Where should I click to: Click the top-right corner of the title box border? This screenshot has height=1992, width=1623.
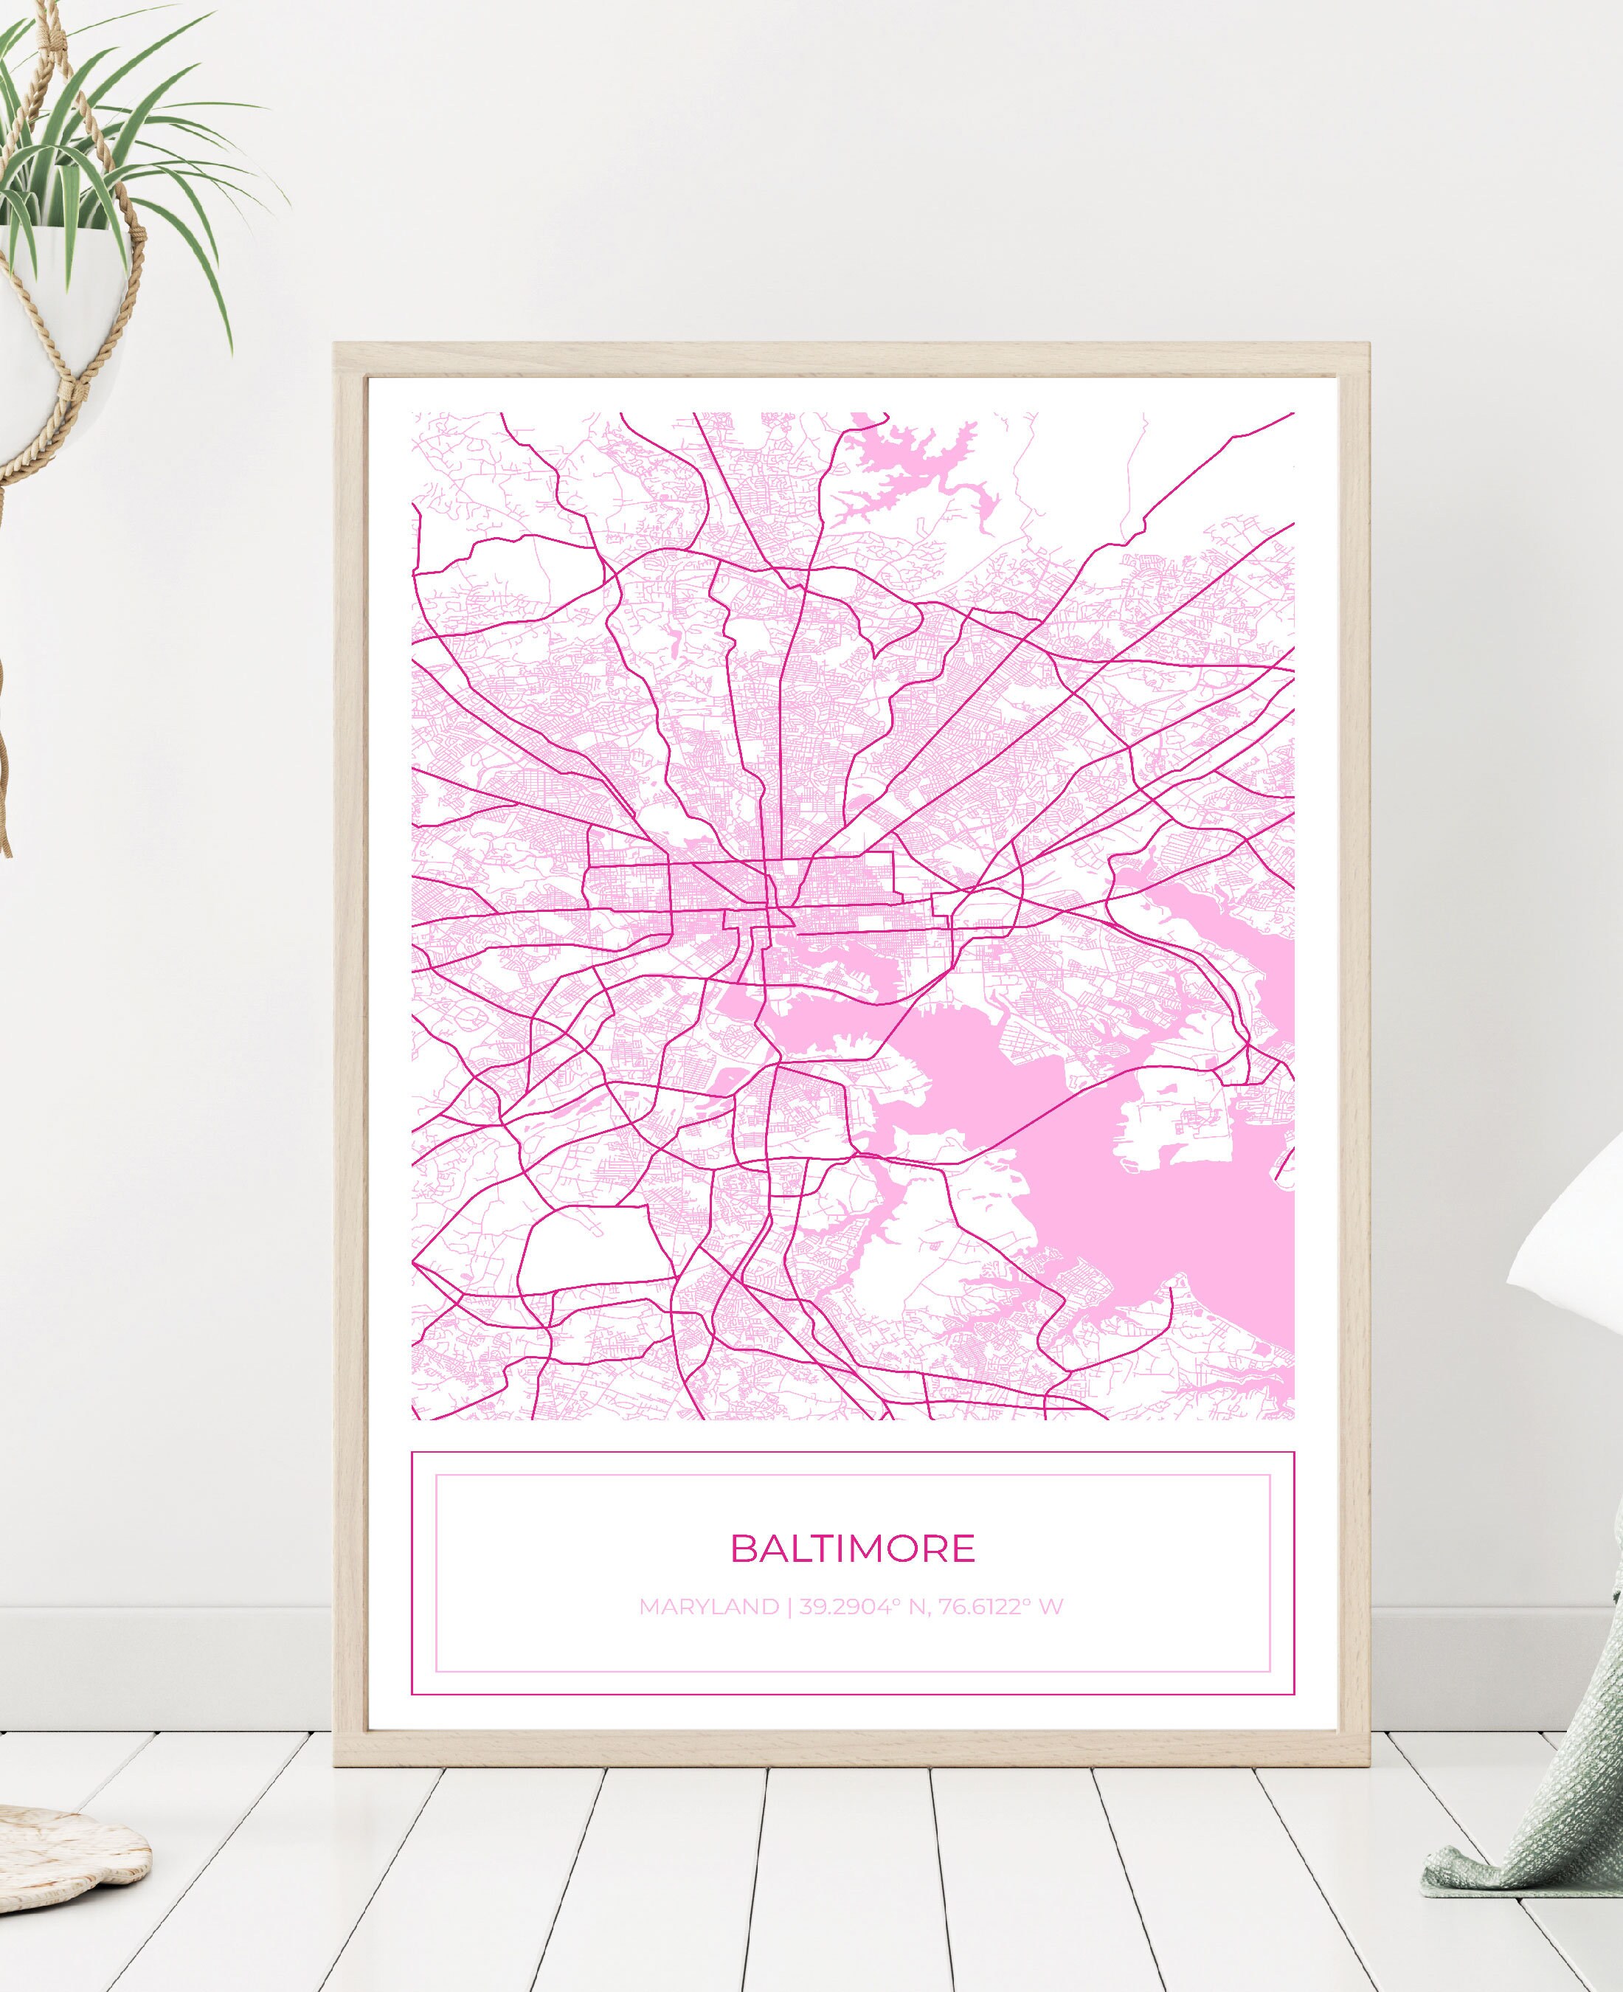coord(1294,1453)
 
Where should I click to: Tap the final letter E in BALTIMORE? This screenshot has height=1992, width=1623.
coord(964,1548)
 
